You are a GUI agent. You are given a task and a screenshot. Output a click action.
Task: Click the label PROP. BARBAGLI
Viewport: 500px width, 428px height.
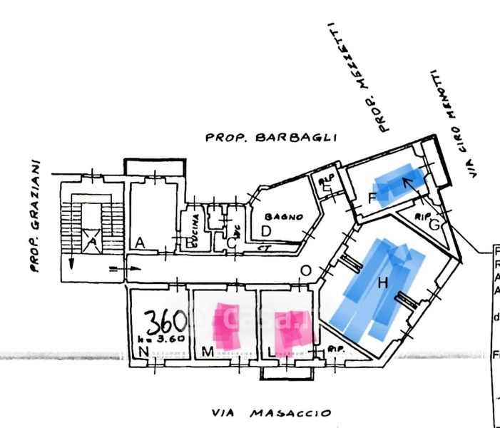pos(270,138)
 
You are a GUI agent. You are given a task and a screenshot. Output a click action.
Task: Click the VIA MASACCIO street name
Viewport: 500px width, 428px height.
pos(272,413)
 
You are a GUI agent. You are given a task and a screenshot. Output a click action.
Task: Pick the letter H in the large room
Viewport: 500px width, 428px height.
pos(382,283)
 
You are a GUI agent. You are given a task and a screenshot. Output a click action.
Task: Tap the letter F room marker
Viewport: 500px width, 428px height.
pos(372,199)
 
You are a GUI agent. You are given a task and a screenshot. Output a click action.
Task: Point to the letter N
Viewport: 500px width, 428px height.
pos(143,352)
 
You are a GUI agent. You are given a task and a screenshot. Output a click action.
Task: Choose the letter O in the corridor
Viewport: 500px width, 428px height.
pos(305,270)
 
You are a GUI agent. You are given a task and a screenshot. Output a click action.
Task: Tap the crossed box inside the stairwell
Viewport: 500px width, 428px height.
pos(91,243)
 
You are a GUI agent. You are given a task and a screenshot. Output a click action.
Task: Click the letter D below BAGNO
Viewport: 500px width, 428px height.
pos(265,230)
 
